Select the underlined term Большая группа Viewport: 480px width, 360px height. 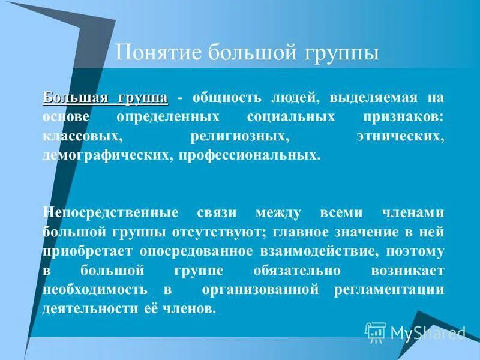[x=106, y=98]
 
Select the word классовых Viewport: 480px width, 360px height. [x=83, y=136]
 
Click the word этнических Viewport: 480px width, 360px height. [x=399, y=136]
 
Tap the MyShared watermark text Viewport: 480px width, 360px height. [x=427, y=332]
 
